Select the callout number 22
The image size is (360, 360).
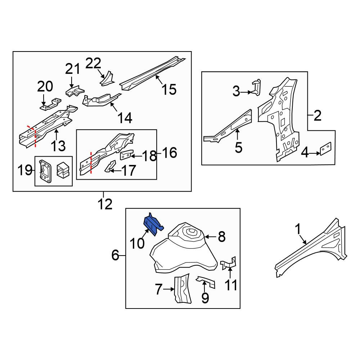click(x=93, y=63)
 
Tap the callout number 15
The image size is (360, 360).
click(x=169, y=89)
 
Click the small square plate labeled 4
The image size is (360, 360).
click(x=325, y=149)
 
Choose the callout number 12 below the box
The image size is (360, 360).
click(x=105, y=204)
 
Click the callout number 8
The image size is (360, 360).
click(x=221, y=237)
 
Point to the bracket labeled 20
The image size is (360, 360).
click(x=50, y=105)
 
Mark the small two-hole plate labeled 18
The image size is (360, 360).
click(x=127, y=155)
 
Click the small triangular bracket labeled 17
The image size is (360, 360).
click(x=111, y=166)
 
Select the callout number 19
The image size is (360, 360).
click(x=25, y=170)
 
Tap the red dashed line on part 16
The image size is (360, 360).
click(x=91, y=163)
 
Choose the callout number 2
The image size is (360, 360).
click(x=317, y=116)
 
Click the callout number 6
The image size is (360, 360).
click(x=115, y=255)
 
